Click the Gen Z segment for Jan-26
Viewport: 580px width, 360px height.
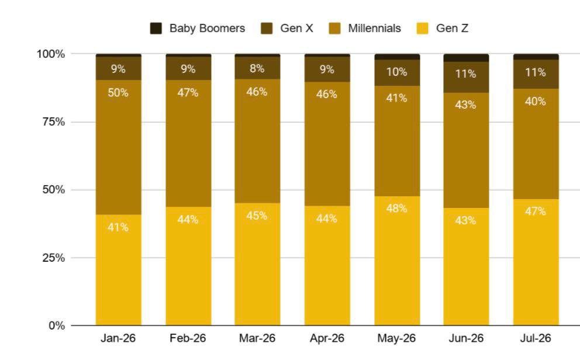[x=118, y=270]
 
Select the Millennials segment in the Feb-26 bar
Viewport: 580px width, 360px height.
[x=188, y=143]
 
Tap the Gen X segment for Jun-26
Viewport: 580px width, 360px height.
[x=466, y=77]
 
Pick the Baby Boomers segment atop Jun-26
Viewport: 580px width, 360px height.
[x=466, y=58]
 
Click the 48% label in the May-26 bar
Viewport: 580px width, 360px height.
[x=396, y=209]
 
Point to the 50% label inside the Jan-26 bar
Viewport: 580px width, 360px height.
[x=118, y=93]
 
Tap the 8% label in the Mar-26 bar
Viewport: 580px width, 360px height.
[x=257, y=69]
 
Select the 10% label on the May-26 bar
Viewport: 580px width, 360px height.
[x=396, y=72]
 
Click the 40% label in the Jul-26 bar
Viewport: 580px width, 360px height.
[x=535, y=101]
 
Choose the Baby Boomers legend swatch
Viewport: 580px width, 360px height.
[x=156, y=29]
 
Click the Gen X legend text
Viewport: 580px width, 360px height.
[x=296, y=29]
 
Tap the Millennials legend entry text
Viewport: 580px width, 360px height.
[x=374, y=29]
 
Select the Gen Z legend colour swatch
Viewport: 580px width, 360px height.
[x=422, y=29]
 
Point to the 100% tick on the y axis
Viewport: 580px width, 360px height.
[x=51, y=54]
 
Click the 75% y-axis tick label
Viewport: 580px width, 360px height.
[x=54, y=122]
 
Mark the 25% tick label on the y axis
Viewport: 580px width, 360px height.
[x=54, y=258]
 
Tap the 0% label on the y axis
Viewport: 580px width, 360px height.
[x=57, y=326]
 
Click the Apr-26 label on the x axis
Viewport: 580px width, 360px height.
[x=327, y=338]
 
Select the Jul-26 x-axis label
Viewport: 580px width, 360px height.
[x=536, y=338]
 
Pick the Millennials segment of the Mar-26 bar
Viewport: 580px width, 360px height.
[x=257, y=141]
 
